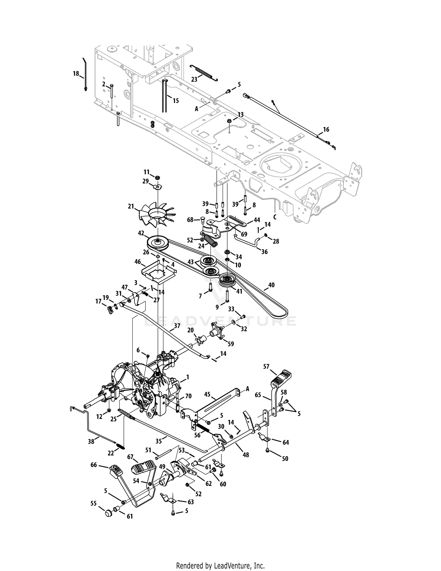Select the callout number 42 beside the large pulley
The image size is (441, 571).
point(141,233)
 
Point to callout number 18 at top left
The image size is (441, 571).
point(76,74)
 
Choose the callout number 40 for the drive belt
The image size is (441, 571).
point(271,285)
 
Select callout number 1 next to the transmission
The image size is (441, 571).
point(188,377)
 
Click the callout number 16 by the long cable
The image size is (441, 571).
point(326,129)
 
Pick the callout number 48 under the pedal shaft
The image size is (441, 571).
point(246,455)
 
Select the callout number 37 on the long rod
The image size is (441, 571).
point(177,326)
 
